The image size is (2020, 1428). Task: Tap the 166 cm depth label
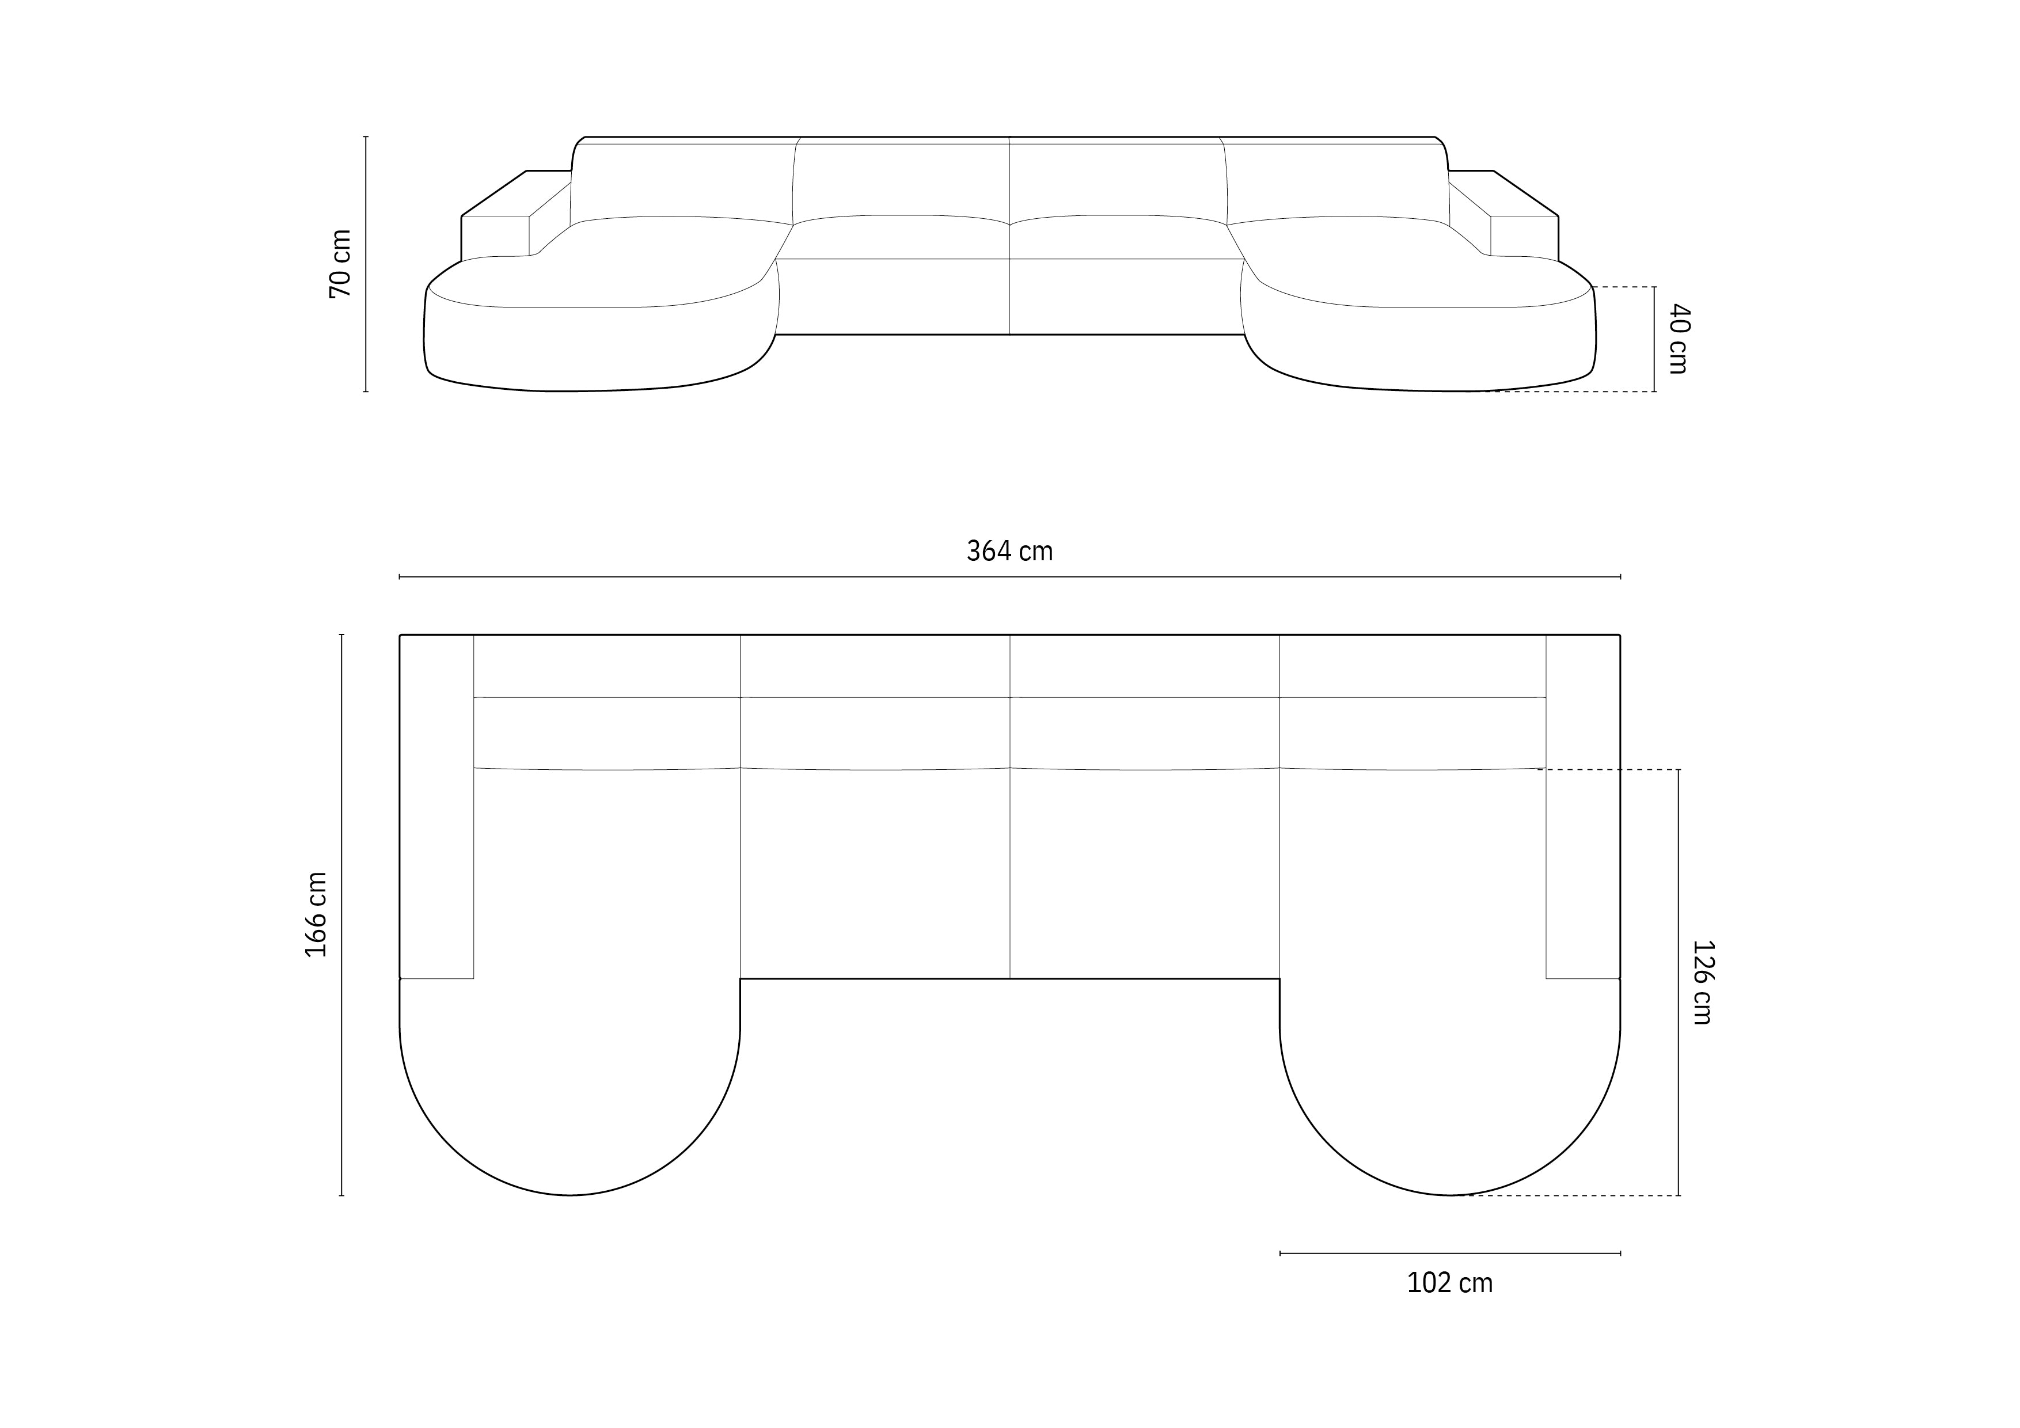coord(317,915)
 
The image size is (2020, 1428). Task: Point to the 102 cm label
coord(1450,1283)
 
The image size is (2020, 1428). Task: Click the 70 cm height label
coord(340,264)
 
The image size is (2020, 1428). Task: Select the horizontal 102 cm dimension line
coord(1450,1253)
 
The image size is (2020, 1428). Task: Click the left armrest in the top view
coord(436,805)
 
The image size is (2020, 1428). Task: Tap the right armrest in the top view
coord(1583,805)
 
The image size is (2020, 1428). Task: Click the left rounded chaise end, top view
coord(570,1100)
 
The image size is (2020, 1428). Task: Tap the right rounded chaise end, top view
coord(1450,1100)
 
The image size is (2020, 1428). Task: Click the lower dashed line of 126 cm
coord(1566,1196)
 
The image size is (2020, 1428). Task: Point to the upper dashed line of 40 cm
coord(1623,287)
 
